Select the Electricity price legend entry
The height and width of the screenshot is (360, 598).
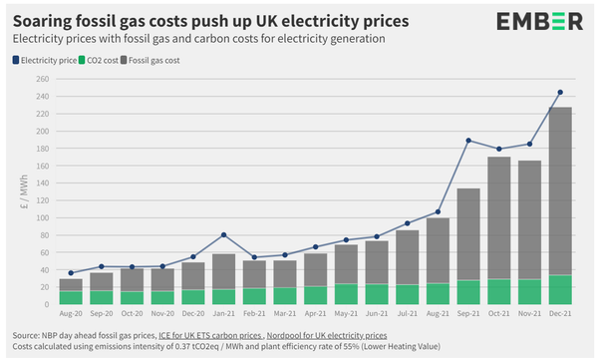[50, 60]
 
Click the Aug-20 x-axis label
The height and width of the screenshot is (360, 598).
[71, 313]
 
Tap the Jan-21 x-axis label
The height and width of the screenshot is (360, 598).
[223, 313]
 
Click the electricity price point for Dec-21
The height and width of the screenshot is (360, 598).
[559, 93]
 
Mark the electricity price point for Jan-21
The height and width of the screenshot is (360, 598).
[223, 235]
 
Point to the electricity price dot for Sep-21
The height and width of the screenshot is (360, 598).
[467, 141]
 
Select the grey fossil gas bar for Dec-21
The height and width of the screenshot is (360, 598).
[559, 189]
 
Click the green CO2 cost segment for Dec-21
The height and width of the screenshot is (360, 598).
[559, 290]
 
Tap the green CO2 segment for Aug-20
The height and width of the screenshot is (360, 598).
[71, 298]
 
